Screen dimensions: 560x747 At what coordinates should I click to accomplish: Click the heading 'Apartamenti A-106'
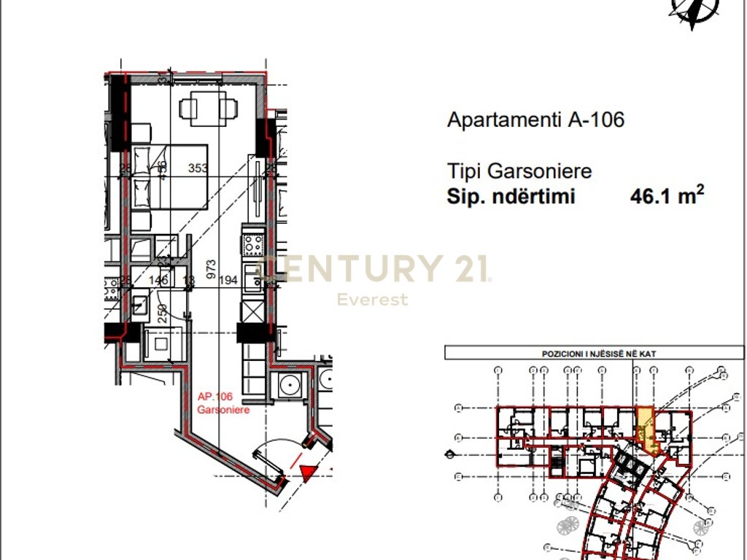[x=535, y=120]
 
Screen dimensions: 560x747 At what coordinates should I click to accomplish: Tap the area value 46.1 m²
[x=667, y=196]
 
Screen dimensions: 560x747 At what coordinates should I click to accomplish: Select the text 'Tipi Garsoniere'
[x=519, y=172]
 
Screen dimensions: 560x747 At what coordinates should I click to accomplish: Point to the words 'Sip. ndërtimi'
[x=511, y=197]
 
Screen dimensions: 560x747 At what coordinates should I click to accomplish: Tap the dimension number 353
[x=198, y=168]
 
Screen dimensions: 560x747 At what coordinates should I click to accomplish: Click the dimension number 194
[x=229, y=280]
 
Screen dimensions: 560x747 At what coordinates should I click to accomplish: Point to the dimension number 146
[x=158, y=280]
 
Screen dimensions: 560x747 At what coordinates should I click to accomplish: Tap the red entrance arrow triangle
[x=308, y=473]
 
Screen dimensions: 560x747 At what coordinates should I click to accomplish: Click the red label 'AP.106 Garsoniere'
[x=215, y=403]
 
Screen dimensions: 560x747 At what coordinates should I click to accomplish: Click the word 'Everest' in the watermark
[x=372, y=300]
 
